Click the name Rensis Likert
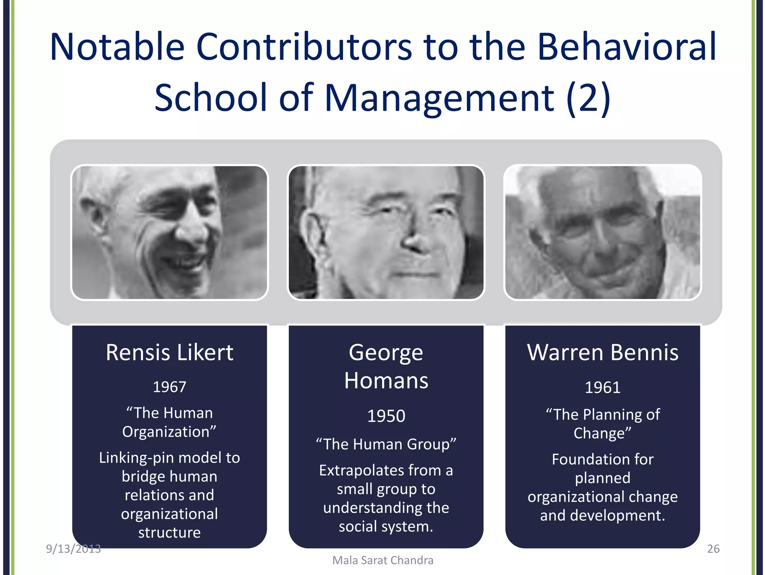click(169, 353)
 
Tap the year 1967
click(169, 387)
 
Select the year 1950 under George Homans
click(386, 416)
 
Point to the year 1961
click(602, 387)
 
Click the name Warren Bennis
click(603, 353)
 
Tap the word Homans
click(386, 381)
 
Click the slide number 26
click(713, 549)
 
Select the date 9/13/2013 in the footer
click(73, 549)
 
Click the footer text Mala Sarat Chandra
click(383, 560)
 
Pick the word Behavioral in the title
click(627, 47)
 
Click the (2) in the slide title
click(588, 98)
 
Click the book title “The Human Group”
click(386, 444)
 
